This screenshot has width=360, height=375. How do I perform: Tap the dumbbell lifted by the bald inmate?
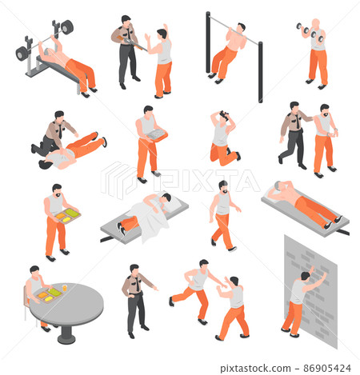[303, 30]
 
